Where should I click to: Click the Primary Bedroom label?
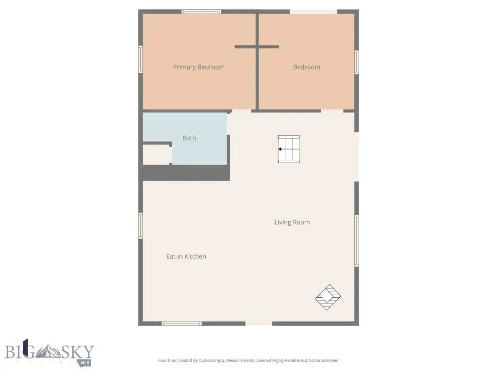199,67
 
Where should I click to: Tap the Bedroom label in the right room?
306,67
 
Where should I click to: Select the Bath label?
189,138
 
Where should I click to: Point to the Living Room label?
292,222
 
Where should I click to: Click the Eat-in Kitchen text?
186,256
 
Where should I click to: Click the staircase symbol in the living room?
289,149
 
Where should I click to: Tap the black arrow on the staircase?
281,149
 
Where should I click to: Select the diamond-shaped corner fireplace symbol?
328,297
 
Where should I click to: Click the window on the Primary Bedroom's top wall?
201,11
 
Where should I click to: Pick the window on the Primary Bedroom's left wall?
141,59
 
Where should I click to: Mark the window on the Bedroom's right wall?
357,62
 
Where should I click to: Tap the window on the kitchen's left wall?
141,226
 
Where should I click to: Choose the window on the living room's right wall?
357,241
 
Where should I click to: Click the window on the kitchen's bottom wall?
182,323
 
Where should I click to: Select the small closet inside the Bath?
155,154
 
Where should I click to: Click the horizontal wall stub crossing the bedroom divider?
257,47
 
